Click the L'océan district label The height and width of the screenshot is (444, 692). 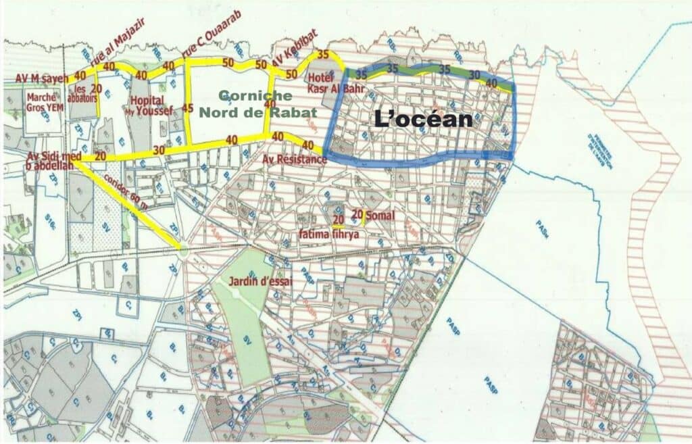click(422, 120)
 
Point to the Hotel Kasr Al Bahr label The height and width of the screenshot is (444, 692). click(326, 82)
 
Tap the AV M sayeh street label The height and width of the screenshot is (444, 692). click(42, 79)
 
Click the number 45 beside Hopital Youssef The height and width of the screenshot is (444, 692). click(188, 108)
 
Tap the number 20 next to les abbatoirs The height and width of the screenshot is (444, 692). click(96, 88)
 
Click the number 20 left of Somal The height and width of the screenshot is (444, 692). click(338, 219)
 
